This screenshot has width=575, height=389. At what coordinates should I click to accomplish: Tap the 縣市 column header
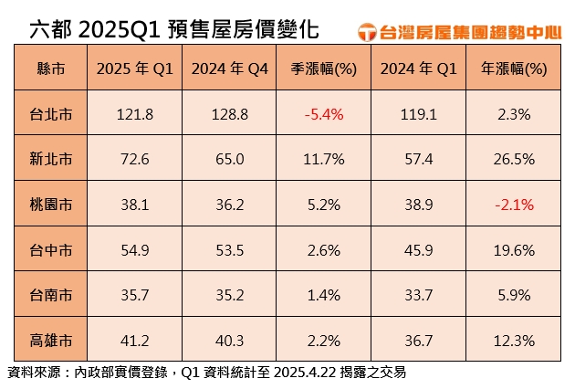pos(52,69)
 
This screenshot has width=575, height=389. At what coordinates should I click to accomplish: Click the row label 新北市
pos(52,160)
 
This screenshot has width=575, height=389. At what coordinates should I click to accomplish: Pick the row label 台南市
pos(52,296)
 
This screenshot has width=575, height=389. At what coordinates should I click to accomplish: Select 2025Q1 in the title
pos(119,29)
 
